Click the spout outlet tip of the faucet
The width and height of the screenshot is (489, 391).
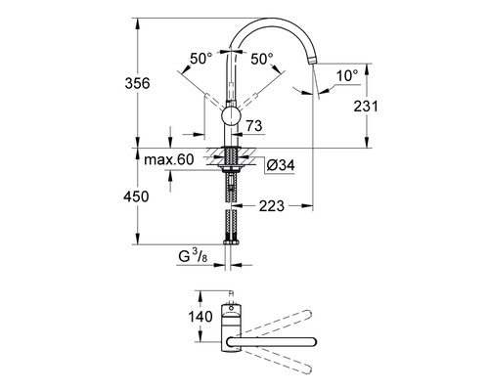click(315, 62)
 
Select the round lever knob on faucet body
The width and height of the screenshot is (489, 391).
click(231, 118)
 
